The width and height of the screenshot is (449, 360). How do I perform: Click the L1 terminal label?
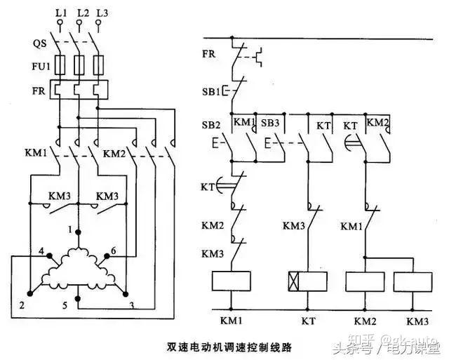point(60,13)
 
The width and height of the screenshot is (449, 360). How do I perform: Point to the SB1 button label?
point(211,91)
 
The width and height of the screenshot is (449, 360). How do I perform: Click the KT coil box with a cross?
point(307,282)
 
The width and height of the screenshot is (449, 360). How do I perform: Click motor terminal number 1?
point(72,229)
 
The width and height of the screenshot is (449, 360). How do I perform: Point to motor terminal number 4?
point(41,251)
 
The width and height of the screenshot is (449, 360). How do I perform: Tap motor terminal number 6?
point(114,251)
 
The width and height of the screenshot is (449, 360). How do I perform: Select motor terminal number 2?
point(22,305)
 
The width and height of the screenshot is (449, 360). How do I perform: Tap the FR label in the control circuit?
point(209,54)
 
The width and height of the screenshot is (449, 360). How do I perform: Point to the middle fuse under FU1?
point(79,67)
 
